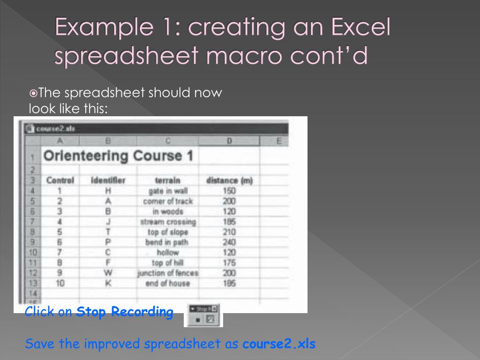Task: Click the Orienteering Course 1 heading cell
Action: (118, 156)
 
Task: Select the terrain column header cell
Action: (167, 180)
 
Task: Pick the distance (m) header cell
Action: (229, 180)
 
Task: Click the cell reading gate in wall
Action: (168, 191)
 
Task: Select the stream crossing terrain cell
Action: (168, 222)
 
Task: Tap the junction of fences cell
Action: (168, 273)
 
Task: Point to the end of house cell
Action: (168, 283)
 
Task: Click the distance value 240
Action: (230, 242)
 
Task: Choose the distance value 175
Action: (230, 262)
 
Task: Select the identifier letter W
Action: (108, 273)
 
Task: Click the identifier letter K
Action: (108, 283)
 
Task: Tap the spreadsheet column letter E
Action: (279, 140)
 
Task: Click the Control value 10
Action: (60, 283)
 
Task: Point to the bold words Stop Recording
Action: (125, 312)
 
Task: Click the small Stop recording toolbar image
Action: (205, 315)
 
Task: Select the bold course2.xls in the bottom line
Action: (279, 344)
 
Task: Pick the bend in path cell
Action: (168, 242)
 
